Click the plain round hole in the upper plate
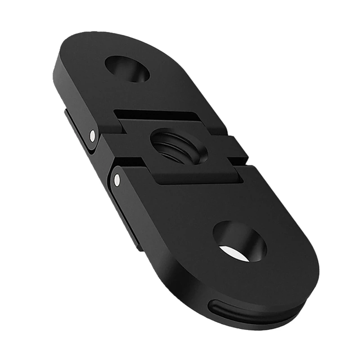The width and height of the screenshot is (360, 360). point(127,69)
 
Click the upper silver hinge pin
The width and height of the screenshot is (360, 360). point(92,135)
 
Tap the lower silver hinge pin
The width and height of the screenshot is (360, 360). point(117,180)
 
